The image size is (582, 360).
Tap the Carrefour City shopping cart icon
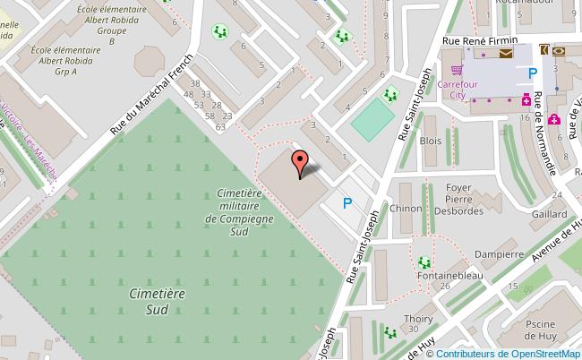[457, 69]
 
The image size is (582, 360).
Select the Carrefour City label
[458, 90]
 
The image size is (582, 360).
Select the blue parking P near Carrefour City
[533, 74]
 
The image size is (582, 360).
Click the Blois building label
[431, 141]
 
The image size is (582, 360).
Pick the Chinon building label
[406, 209]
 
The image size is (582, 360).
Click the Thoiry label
[418, 318]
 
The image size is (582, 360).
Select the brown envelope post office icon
[507, 54]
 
